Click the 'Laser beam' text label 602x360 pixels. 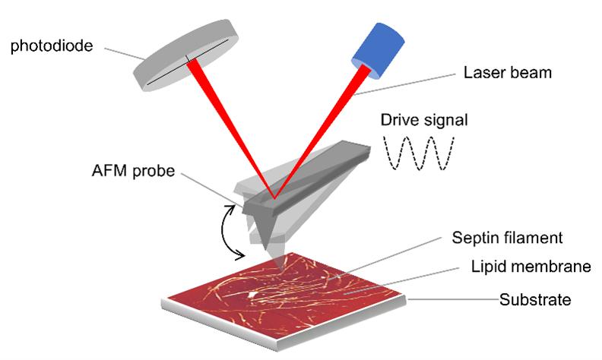click(507, 74)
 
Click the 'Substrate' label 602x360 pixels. click(534, 298)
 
